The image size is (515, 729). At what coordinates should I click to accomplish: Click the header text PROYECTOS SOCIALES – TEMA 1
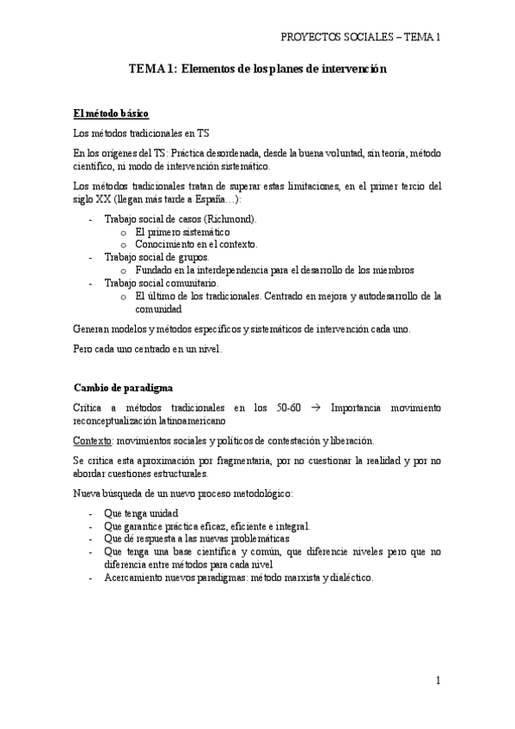360,37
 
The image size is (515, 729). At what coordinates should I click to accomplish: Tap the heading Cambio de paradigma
124,388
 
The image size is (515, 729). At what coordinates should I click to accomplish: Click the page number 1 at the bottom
438,681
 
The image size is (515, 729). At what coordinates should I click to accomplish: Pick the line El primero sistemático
182,232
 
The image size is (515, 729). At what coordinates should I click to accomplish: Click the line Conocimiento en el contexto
196,245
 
